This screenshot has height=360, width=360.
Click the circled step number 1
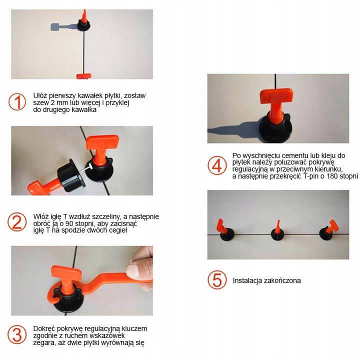(x=17, y=101)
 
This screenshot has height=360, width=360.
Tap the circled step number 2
(x=17, y=222)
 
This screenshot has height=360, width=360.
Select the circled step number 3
(x=17, y=334)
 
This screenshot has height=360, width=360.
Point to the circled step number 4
(x=217, y=165)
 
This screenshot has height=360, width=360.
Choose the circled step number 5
(x=217, y=280)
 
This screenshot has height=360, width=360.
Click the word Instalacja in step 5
(x=247, y=280)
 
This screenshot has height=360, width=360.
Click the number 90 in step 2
(x=69, y=223)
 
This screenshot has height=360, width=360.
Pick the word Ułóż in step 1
(x=40, y=95)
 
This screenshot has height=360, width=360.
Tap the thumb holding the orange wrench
(x=136, y=271)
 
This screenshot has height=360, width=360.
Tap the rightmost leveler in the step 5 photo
(x=329, y=230)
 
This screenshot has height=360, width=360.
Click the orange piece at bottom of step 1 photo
(x=84, y=76)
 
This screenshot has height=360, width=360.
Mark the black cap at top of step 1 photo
(x=84, y=25)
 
